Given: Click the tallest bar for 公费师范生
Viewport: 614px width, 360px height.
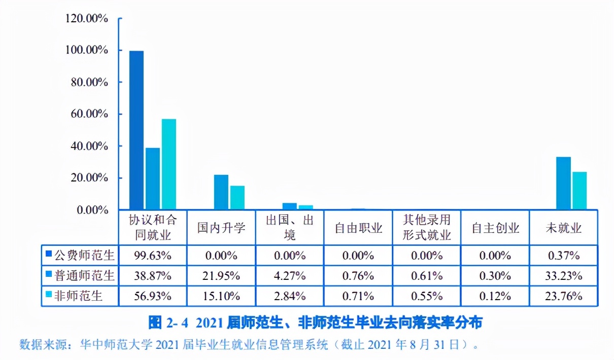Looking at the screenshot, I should [136, 130].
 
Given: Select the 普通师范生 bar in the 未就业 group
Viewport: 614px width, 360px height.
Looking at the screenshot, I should [563, 184].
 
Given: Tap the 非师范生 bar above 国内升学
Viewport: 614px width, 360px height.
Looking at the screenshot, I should [237, 198].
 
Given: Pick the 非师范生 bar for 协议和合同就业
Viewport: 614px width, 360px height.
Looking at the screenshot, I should [169, 164].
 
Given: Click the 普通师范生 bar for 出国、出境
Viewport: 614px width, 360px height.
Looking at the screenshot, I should [289, 206].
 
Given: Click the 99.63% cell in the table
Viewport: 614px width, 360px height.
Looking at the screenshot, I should [153, 255].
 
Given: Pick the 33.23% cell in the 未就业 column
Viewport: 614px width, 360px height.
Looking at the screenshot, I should [564, 276].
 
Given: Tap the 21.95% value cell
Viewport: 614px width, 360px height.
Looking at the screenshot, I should [221, 276].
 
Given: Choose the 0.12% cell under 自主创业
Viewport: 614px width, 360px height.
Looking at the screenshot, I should [495, 296].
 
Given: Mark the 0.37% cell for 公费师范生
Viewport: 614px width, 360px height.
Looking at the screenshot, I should [564, 255].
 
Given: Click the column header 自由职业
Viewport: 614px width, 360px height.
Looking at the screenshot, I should [358, 228].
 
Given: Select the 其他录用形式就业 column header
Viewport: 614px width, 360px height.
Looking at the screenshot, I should [427, 228].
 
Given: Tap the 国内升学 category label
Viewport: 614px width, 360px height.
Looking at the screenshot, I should [221, 228].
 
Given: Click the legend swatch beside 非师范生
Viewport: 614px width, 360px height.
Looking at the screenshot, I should [48, 295].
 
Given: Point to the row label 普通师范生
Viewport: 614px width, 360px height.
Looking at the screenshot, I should [84, 276].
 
